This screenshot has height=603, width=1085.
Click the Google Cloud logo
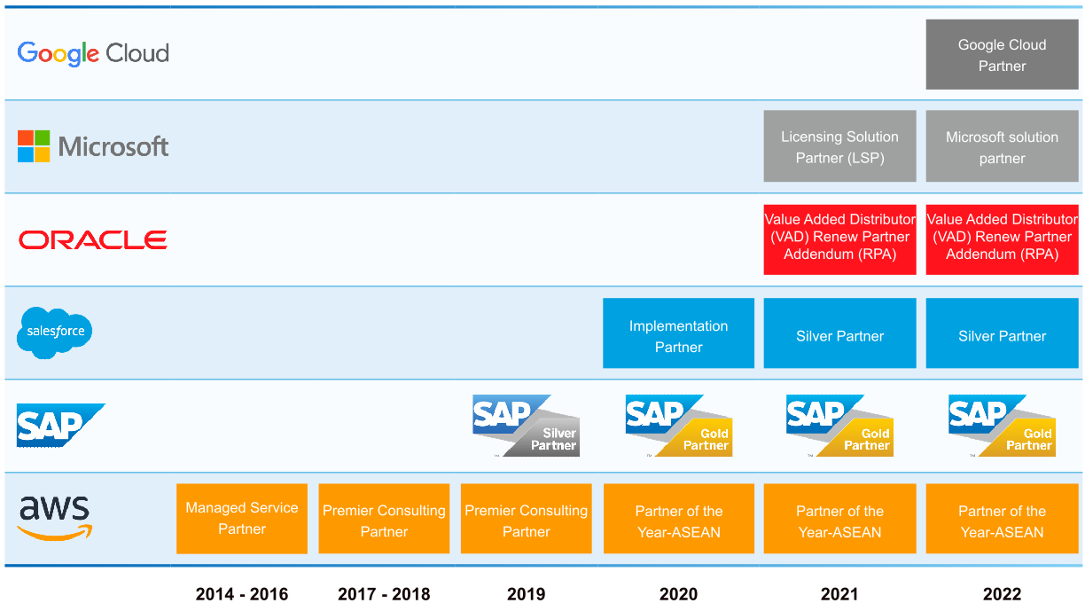pos(93,53)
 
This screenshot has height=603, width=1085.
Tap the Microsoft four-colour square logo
pos(34,146)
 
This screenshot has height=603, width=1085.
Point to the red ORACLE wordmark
pos(93,239)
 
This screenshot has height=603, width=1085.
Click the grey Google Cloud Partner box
pos(1002,55)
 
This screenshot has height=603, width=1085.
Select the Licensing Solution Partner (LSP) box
pos(839,146)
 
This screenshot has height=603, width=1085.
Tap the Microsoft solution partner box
pos(1002,146)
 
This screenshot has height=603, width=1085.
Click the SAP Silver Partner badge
pos(526,426)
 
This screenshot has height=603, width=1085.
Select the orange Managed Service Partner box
pos(242,519)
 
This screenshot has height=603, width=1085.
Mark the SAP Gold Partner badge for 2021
pos(839,426)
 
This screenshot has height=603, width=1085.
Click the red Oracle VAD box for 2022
pos(1002,237)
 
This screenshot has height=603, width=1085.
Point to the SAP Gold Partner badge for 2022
pos(1001,426)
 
